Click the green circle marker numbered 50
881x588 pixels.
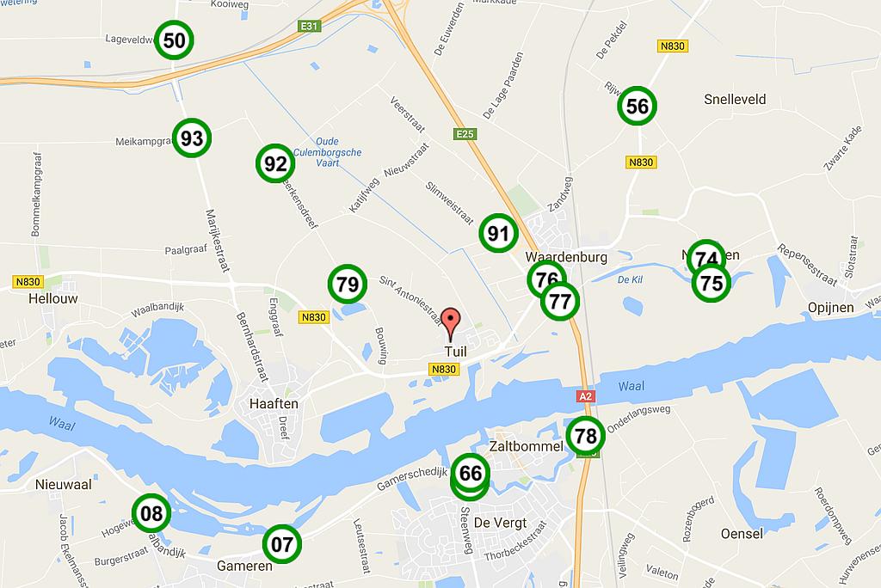pyautogui.click(x=174, y=40)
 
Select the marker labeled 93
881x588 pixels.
pyautogui.click(x=192, y=138)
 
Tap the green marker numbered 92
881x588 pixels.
pyautogui.click(x=275, y=163)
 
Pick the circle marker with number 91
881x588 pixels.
pyautogui.click(x=498, y=233)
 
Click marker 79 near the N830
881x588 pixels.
pyautogui.click(x=348, y=284)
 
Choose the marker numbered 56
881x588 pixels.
pyautogui.click(x=638, y=107)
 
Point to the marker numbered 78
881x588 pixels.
pyautogui.click(x=585, y=436)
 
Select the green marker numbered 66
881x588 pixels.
pyautogui.click(x=471, y=473)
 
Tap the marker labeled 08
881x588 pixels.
pyautogui.click(x=151, y=514)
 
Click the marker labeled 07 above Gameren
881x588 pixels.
pyautogui.click(x=282, y=543)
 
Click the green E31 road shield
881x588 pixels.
pyautogui.click(x=309, y=27)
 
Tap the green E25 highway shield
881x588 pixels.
pyautogui.click(x=465, y=133)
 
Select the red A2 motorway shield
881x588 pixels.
pyautogui.click(x=585, y=396)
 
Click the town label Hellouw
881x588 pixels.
pyautogui.click(x=52, y=298)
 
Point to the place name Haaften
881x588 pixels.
pyautogui.click(x=273, y=403)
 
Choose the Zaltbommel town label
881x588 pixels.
pyautogui.click(x=525, y=447)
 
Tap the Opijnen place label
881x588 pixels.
pyautogui.click(x=830, y=308)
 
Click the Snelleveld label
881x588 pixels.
pyautogui.click(x=735, y=100)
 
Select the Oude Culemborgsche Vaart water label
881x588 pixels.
pyautogui.click(x=316, y=151)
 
